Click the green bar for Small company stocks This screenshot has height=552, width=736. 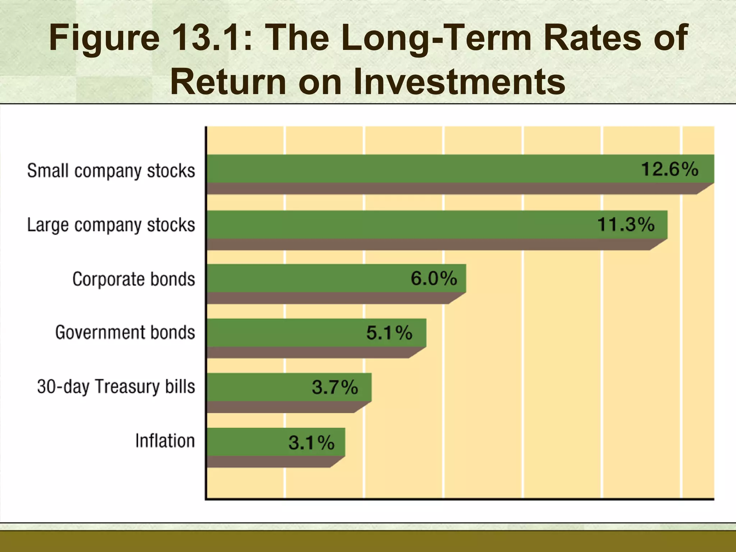(413, 169)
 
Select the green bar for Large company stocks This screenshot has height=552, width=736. (395, 225)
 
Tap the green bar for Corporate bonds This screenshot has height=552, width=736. (305, 279)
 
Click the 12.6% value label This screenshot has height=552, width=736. (670, 169)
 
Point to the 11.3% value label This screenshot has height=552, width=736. (626, 225)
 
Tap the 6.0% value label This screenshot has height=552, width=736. (434, 279)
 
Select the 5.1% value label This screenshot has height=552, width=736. (389, 332)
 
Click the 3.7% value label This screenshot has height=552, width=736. (335, 387)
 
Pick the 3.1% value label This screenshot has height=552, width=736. (312, 442)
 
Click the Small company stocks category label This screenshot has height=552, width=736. (111, 171)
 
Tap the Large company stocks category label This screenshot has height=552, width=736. (111, 225)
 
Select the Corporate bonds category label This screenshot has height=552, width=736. (134, 279)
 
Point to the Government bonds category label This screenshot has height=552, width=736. (125, 332)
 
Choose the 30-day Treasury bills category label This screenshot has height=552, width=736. (116, 387)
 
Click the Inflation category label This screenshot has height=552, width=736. (165, 441)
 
